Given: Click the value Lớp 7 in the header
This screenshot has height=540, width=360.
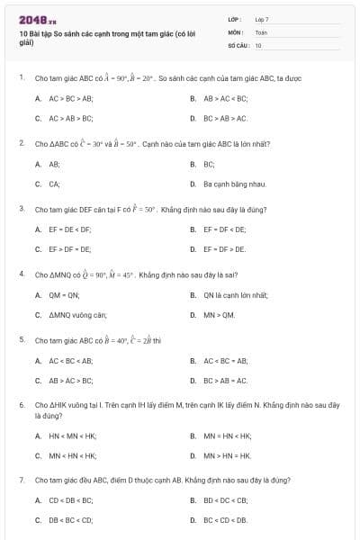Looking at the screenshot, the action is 262,18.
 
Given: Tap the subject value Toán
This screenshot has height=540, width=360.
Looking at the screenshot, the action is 261,31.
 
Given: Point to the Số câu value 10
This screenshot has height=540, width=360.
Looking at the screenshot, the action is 258,44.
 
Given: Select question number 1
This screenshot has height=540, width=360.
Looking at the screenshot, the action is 21,77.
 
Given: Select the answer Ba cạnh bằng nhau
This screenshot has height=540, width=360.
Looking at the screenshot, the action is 234,184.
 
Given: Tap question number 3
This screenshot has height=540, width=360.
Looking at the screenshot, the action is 21,209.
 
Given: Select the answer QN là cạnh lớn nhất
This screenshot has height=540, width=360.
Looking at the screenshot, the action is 235,294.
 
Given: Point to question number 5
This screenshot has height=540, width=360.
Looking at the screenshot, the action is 21,340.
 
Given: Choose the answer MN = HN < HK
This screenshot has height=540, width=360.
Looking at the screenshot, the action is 226,436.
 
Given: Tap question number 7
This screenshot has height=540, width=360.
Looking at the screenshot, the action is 21,481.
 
